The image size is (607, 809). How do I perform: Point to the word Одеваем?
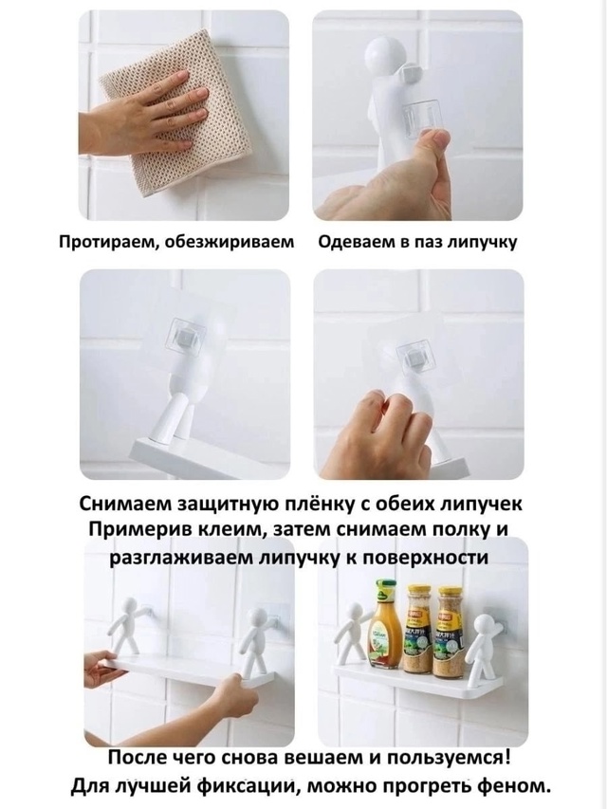(x=353, y=243)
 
